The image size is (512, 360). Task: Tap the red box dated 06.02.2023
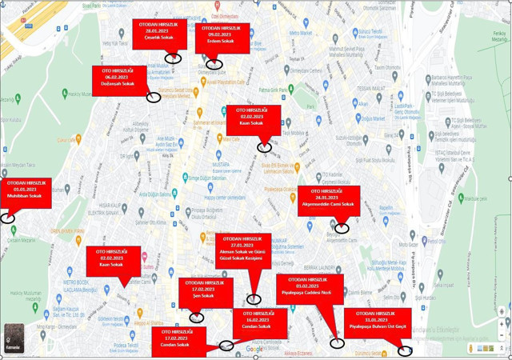pyautogui.click(x=118, y=78)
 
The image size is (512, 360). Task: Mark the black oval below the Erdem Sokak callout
pyautogui.click(x=212, y=65)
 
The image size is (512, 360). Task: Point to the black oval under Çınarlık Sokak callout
pyautogui.click(x=174, y=58)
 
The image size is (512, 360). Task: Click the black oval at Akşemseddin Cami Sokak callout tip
pyautogui.click(x=342, y=228)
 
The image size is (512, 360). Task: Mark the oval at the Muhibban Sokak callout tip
pyautogui.click(x=8, y=218)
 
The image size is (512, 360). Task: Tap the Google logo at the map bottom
pyautogui.click(x=254, y=349)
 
